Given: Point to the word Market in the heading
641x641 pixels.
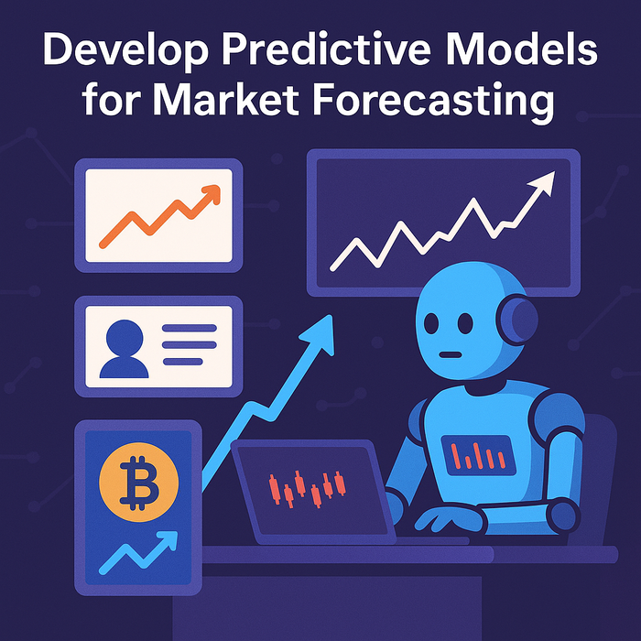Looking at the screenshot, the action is point(226,99).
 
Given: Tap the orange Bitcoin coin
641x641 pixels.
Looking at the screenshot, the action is point(138,482).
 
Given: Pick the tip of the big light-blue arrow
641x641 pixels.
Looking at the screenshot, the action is point(330,316).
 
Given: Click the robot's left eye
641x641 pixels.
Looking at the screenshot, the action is point(431,323).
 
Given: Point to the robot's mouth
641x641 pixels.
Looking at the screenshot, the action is point(451,354).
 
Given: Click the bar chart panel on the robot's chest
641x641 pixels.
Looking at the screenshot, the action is point(478,455).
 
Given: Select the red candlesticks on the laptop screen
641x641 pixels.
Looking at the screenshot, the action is point(308,489).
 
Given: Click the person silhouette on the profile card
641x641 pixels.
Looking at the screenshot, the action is point(125,349).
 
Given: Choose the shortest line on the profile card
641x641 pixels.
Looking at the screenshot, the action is point(183,362).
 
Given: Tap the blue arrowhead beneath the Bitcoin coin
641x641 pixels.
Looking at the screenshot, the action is point(168,539).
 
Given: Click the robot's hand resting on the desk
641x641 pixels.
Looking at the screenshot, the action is point(450,519).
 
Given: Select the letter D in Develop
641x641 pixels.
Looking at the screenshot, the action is point(58,49).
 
